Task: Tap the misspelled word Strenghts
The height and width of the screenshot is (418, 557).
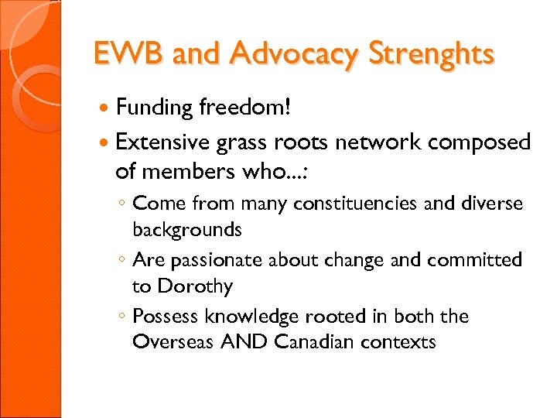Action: (430, 54)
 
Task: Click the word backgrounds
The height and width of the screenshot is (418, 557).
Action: (187, 230)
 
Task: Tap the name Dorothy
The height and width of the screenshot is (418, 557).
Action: (194, 286)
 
